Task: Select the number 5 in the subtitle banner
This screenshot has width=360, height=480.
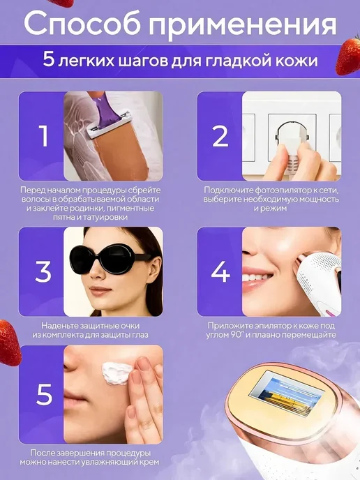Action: (x=48, y=60)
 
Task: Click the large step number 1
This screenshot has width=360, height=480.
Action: (x=44, y=136)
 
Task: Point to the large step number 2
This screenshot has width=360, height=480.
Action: (x=220, y=136)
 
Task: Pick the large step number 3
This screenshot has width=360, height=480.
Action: (x=43, y=271)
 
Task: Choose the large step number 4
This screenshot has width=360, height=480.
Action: (x=220, y=271)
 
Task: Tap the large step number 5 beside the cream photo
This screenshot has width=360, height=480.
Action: (x=45, y=394)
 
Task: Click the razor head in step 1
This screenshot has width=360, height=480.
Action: (x=109, y=125)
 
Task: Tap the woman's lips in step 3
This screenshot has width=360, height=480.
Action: (x=100, y=290)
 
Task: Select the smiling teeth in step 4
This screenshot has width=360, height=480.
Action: (x=257, y=278)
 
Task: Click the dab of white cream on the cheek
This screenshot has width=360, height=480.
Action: (x=117, y=373)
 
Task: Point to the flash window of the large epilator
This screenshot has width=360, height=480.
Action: (x=287, y=393)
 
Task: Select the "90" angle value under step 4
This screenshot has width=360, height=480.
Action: (x=234, y=335)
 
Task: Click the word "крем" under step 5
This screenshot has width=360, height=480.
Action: (x=149, y=462)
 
